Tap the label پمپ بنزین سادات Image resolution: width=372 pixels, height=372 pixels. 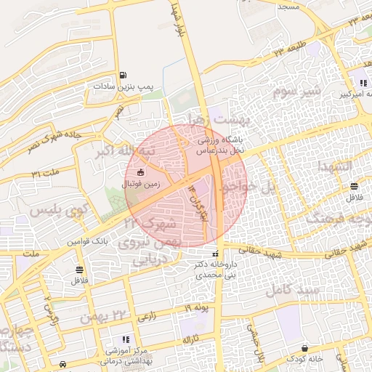pos(121,86)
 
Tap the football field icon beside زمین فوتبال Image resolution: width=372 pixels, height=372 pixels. pos(140,173)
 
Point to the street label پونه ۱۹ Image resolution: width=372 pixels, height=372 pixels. pos(195,309)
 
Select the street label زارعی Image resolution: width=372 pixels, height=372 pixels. pos(146,316)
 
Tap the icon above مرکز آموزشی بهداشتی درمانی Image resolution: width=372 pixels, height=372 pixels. pos(125,339)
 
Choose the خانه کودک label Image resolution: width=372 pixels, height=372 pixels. pos(304,359)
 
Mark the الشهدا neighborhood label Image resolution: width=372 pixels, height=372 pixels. pos(335,167)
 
